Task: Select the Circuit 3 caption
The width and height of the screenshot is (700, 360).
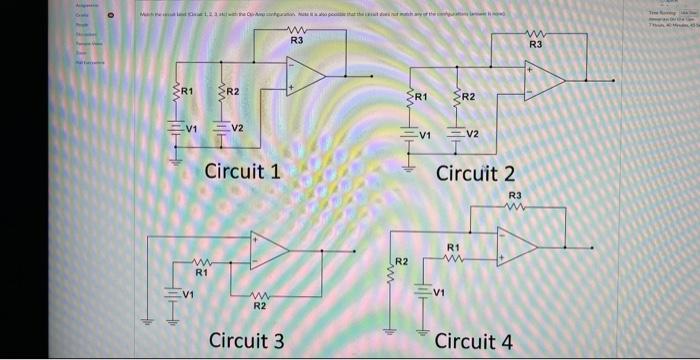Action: [x=246, y=340]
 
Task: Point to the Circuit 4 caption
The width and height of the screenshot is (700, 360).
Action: [x=475, y=341]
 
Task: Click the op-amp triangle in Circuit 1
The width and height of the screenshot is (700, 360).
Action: [x=304, y=75]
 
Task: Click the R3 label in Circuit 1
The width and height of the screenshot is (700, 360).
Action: [x=296, y=41]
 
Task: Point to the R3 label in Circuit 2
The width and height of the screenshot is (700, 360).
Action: [x=535, y=45]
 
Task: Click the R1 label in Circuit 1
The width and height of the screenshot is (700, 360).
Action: [x=186, y=93]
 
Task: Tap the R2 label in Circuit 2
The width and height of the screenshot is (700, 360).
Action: [x=468, y=97]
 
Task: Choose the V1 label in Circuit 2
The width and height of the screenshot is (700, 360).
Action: [x=425, y=134]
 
